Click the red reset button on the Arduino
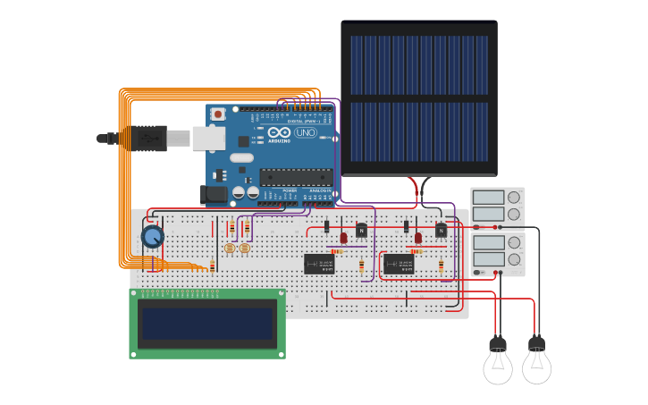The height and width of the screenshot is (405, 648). [x=215, y=114]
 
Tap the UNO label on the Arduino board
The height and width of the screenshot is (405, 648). [x=306, y=133]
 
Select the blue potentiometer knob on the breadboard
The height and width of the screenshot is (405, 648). [x=153, y=237]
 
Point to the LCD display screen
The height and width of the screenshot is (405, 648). [x=207, y=323]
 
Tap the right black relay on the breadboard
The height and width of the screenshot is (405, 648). [x=398, y=264]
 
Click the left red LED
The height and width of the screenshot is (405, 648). [x=343, y=238]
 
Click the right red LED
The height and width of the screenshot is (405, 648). [x=417, y=238]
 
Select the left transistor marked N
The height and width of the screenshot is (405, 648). [x=361, y=231]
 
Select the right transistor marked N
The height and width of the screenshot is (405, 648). [x=441, y=231]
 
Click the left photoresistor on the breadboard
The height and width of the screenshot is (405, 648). [x=230, y=248]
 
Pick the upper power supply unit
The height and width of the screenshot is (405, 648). [x=497, y=206]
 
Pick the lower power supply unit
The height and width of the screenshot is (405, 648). [x=497, y=251]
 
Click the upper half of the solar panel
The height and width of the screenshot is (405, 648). [x=418, y=65]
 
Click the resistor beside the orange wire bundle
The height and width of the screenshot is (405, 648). [x=212, y=266]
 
